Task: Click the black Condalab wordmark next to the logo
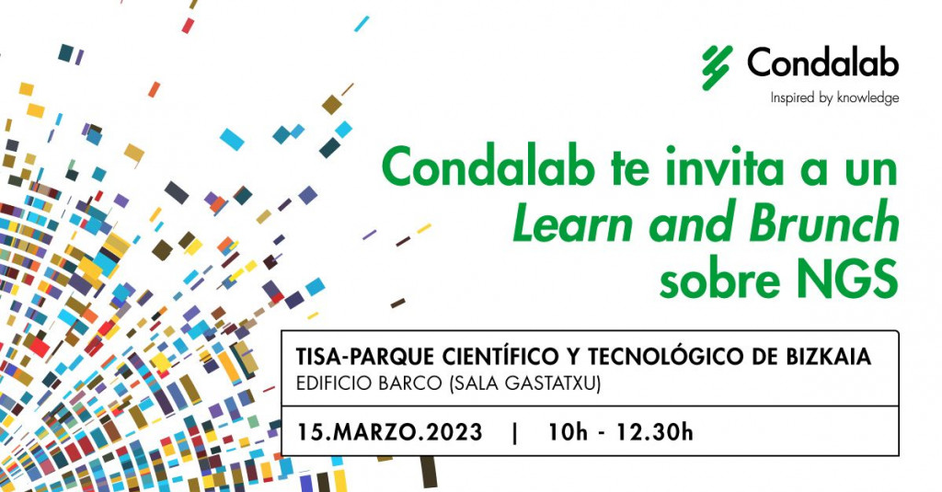click(822, 63)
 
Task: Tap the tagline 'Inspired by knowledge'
click(834, 98)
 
